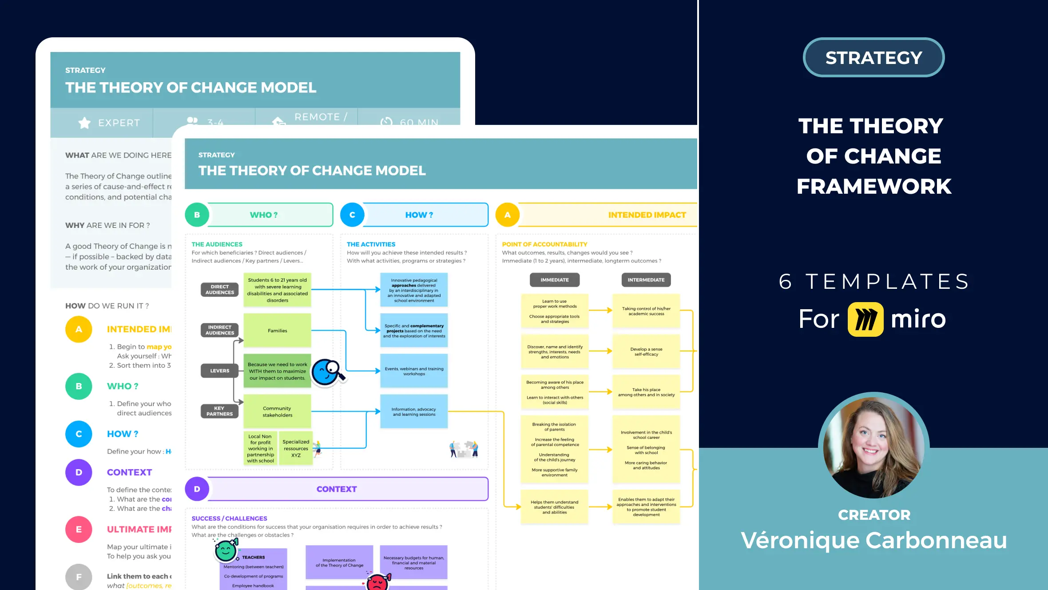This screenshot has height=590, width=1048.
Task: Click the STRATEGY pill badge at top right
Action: click(873, 58)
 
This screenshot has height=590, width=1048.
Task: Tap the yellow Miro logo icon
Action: click(865, 319)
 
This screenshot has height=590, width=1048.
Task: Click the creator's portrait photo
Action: click(873, 447)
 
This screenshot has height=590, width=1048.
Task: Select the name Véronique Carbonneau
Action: click(873, 540)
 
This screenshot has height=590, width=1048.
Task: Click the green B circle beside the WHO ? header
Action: click(197, 215)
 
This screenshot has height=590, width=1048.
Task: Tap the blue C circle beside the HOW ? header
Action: click(352, 215)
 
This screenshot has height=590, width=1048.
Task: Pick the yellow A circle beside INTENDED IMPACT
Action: click(507, 215)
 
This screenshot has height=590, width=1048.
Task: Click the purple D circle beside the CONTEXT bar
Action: click(197, 489)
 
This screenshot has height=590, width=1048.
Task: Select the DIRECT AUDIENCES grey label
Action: click(219, 290)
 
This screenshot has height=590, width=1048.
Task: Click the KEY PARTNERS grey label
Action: click(219, 411)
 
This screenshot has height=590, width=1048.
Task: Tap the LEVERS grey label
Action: click(219, 371)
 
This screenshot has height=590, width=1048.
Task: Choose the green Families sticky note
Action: click(277, 331)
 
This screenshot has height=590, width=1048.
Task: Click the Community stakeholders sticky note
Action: click(277, 411)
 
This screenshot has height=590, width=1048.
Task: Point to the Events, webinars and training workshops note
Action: click(414, 371)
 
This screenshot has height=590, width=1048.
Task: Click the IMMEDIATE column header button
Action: click(554, 280)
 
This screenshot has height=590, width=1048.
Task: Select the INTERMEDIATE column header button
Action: click(646, 280)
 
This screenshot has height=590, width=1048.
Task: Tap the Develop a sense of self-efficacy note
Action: click(646, 351)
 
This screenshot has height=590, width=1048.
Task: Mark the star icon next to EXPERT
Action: click(84, 123)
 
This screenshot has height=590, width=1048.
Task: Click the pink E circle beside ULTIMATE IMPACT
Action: click(79, 529)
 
